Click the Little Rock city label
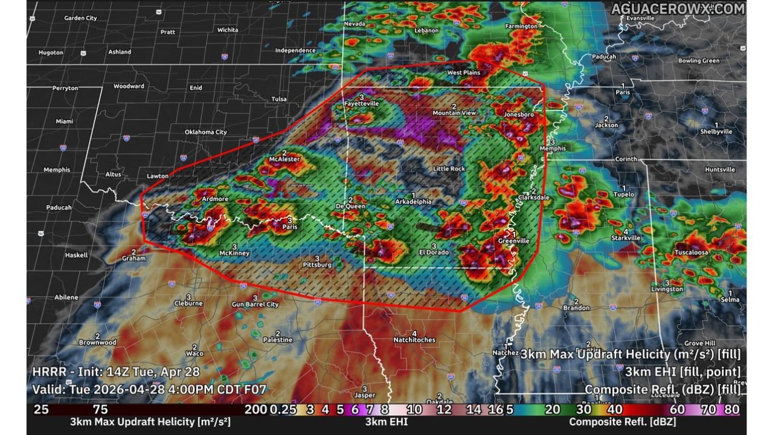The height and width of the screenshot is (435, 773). tap(449, 169)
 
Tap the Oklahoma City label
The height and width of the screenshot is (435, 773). tap(205, 132)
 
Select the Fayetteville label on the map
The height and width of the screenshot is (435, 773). tap(362, 103)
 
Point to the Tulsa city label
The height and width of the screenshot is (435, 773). tap(279, 98)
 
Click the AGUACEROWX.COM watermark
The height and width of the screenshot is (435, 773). tap(678, 8)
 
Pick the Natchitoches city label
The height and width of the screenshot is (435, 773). tap(414, 340)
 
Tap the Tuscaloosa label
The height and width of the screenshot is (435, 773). tap(691, 253)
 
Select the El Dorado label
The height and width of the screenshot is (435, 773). tap(434, 252)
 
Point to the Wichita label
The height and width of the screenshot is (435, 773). tap(228, 30)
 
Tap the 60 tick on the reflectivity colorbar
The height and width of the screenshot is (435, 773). tap(677, 410)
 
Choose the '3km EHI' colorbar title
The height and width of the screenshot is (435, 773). tap(386, 422)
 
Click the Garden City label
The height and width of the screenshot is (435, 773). tap(80, 18)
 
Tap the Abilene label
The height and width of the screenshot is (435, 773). tap(66, 297)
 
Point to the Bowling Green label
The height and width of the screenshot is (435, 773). tap(698, 60)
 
